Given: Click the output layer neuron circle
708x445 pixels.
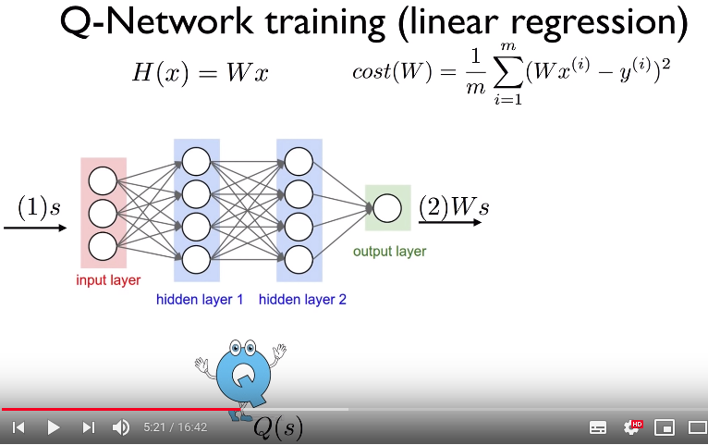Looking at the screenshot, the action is [x=387, y=208].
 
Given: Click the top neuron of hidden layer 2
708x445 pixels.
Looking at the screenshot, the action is [x=298, y=161].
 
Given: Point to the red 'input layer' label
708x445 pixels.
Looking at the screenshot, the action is [x=108, y=279].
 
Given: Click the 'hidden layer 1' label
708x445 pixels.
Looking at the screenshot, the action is [x=200, y=300].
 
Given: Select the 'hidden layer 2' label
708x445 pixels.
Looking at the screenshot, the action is [x=302, y=300].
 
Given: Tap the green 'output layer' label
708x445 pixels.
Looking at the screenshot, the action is [x=389, y=251].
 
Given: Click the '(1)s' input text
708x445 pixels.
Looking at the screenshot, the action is [x=38, y=208].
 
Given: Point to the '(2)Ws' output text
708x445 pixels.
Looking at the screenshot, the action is [x=453, y=207].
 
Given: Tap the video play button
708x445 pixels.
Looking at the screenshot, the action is [x=53, y=427].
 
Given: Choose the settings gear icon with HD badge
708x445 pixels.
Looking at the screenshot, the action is [x=632, y=427].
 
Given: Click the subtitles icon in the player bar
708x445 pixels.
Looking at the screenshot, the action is [x=598, y=427].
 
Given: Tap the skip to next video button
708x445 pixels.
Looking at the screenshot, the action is [x=88, y=427].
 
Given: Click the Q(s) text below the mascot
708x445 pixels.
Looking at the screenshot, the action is [x=277, y=427].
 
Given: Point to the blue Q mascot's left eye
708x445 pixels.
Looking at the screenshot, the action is [x=235, y=350].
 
